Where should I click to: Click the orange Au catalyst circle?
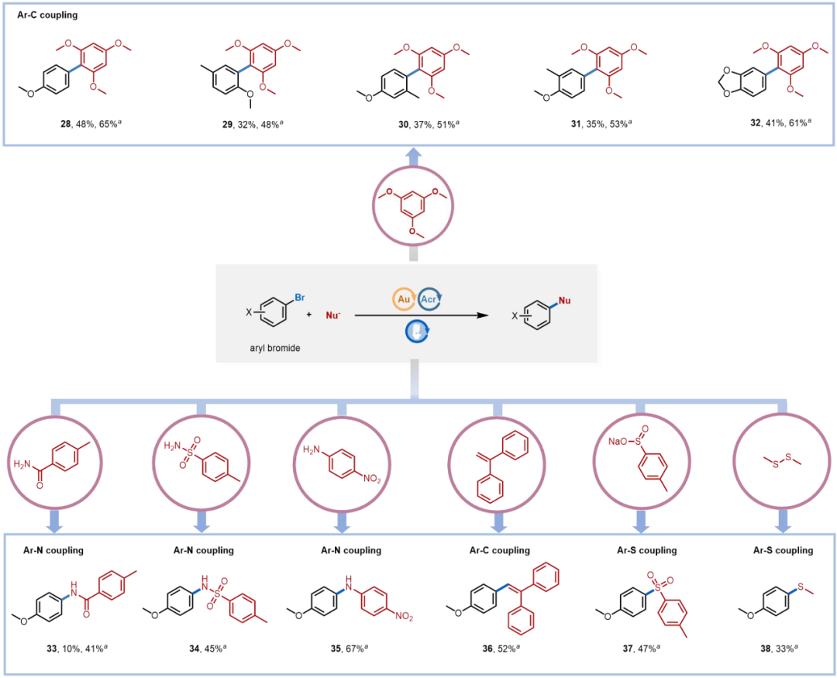pos(404,299)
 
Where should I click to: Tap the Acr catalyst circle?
pos(429,299)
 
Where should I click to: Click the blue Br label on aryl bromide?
pos(300,298)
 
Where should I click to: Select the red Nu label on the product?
pos(565,301)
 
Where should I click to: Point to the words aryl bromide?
pos(275,348)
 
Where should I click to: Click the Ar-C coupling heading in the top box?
pos(47,15)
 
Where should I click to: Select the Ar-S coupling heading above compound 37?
pos(647,550)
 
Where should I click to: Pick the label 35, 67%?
pos(349,649)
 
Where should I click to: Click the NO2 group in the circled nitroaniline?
pos(372,479)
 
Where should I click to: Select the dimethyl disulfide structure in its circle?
pos(783,461)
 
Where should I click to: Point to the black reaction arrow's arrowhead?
pos(483,315)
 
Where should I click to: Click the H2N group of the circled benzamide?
pos(22,463)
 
